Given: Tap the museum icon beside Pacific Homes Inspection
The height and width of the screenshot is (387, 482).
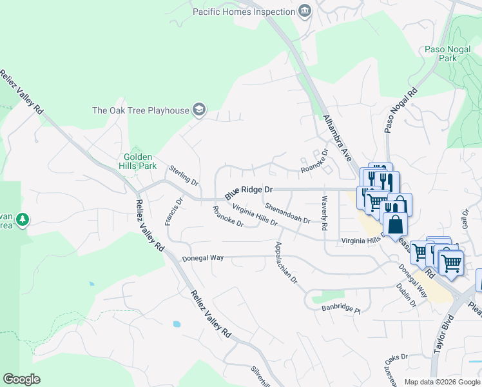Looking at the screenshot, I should [305, 11].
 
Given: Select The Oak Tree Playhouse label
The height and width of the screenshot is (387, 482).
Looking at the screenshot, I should [141, 110].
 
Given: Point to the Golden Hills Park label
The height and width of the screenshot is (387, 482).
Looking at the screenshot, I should [140, 161].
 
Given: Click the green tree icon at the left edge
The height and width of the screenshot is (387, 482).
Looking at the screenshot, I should [23, 220].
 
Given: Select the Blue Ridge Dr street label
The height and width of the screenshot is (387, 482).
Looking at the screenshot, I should [249, 192].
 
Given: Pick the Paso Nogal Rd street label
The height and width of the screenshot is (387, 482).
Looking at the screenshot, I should [401, 110].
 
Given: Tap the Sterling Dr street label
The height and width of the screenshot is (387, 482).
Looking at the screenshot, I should [184, 175].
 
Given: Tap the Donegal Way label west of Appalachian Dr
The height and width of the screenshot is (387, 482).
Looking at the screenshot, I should [202, 258].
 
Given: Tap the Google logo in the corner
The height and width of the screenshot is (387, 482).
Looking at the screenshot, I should [21, 379].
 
